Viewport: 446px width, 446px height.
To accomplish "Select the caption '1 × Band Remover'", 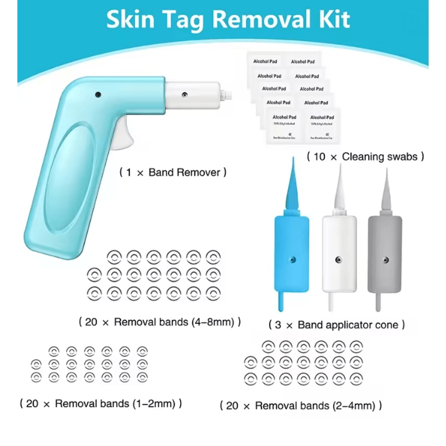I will pyautogui.click(x=173, y=172).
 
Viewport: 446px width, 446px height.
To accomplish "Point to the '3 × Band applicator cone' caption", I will pyautogui.click(x=337, y=325).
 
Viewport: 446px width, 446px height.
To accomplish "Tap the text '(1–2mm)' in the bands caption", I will pyautogui.click(x=156, y=404).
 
